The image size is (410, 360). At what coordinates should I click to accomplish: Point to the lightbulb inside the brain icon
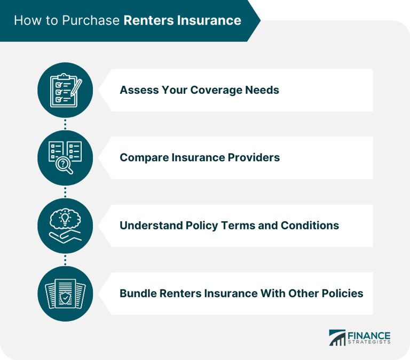pos(65,219)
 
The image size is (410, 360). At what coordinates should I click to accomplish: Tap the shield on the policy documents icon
pos(65,297)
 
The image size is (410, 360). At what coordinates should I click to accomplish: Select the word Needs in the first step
pos(262,90)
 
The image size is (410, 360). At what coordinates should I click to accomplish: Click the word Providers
pos(253,157)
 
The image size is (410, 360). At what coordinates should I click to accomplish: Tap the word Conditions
pos(310,225)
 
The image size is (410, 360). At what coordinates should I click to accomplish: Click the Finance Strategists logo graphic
pos(337,338)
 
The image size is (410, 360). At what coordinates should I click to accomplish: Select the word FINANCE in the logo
pos(370,335)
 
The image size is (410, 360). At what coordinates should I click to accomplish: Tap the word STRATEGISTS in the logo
pos(370,342)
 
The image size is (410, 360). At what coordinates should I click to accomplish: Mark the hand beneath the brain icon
pos(65,235)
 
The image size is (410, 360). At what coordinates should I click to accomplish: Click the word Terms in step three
pos(239,225)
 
